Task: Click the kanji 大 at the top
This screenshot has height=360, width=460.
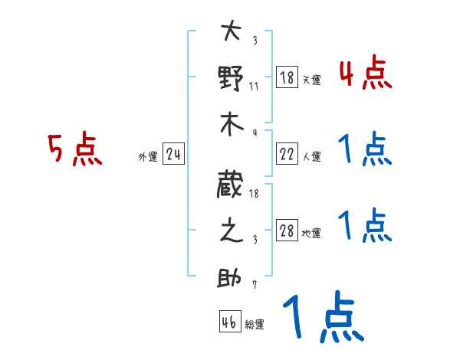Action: pos(231,33)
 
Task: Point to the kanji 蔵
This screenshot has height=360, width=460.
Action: pos(231,185)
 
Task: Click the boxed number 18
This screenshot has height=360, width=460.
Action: pos(287,77)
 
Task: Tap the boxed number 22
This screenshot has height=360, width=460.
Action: pos(287,155)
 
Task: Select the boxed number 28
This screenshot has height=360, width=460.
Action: pos(287,231)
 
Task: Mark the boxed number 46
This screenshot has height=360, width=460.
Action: pos(229,322)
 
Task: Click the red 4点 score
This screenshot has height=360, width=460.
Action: pos(365,74)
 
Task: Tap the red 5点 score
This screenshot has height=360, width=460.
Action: pos(74,149)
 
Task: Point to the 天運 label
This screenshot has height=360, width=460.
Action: pos(311,80)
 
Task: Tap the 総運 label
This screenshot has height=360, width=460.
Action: pos(255,325)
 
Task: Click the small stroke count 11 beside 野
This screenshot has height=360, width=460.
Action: pos(254,86)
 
